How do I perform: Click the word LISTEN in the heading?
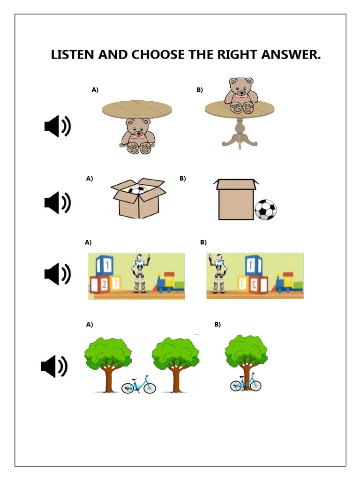pos(73,55)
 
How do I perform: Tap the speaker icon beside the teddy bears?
pos(57,127)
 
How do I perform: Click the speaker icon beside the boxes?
pos(57,202)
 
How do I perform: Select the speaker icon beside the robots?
pos(57,274)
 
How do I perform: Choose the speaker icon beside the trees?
pos(54,366)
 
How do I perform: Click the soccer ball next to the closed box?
pos(265,210)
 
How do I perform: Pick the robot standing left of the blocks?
pos(217,273)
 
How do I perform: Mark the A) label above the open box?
pos(90,179)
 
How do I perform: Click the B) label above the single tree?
pos(217,324)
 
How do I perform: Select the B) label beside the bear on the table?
pos(200,90)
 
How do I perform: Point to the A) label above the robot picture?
pos(88,242)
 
